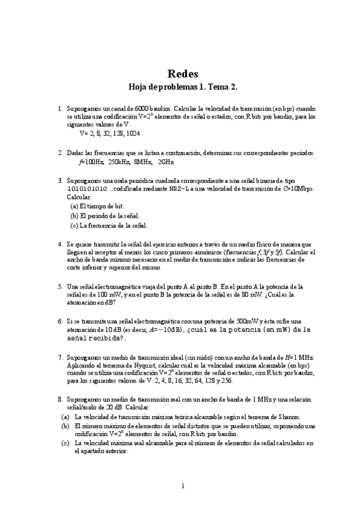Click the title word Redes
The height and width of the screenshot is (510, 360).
coord(180,74)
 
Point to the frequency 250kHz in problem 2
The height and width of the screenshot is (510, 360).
coord(118,162)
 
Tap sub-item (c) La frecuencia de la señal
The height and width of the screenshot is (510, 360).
coord(108,226)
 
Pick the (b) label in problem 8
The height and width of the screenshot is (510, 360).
coord(65,425)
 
